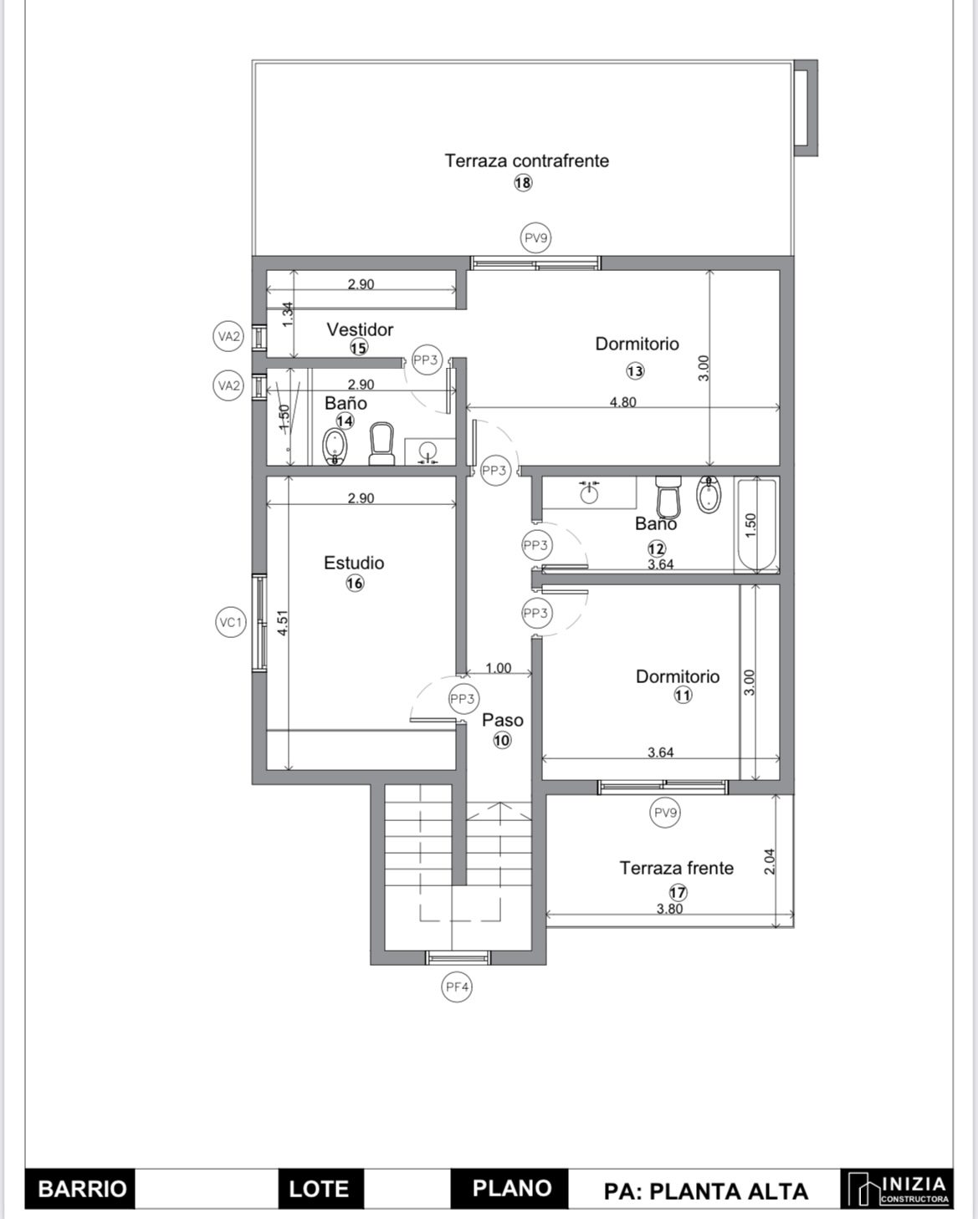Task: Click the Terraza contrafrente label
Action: [x=527, y=161]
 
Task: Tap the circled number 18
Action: [x=523, y=183]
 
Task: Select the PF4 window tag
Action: [x=457, y=987]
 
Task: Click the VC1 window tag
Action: [x=231, y=623]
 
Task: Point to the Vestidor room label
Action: [x=360, y=329]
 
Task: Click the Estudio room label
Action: [x=354, y=563]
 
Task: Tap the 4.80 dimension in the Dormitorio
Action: [x=622, y=401]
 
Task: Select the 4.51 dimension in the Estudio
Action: [x=283, y=622]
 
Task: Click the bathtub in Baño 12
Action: [x=756, y=524]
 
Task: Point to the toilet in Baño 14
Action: [x=381, y=444]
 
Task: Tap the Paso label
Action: [x=502, y=720]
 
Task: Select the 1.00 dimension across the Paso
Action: [x=499, y=668]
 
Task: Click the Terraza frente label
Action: [x=676, y=868]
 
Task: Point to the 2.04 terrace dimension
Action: [x=769, y=861]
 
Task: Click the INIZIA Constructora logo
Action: [x=897, y=1188]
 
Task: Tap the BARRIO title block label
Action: [x=82, y=1189]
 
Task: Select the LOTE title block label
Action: [x=319, y=1189]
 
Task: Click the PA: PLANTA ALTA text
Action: [x=706, y=1191]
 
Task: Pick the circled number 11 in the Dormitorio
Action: [x=683, y=695]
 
